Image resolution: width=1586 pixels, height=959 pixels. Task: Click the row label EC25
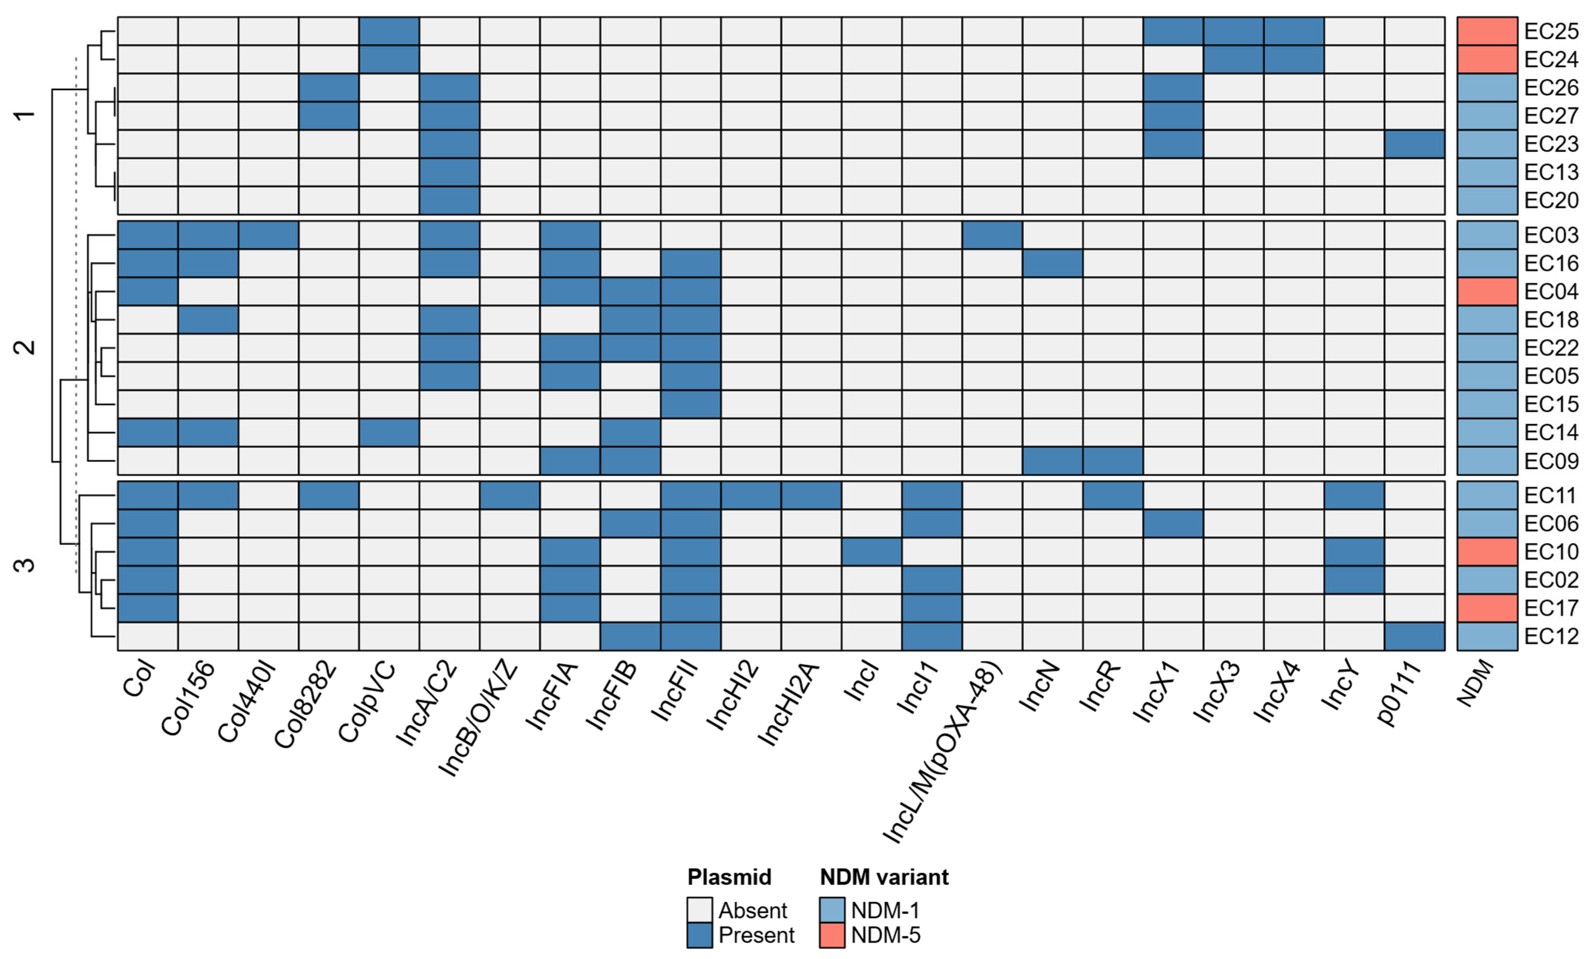(x=1551, y=31)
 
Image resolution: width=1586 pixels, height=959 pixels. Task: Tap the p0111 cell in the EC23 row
(x=1414, y=144)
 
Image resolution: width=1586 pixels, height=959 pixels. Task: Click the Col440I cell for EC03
(x=268, y=235)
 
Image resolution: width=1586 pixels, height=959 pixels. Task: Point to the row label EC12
(x=1551, y=636)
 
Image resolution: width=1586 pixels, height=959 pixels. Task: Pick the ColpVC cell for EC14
(x=389, y=432)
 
